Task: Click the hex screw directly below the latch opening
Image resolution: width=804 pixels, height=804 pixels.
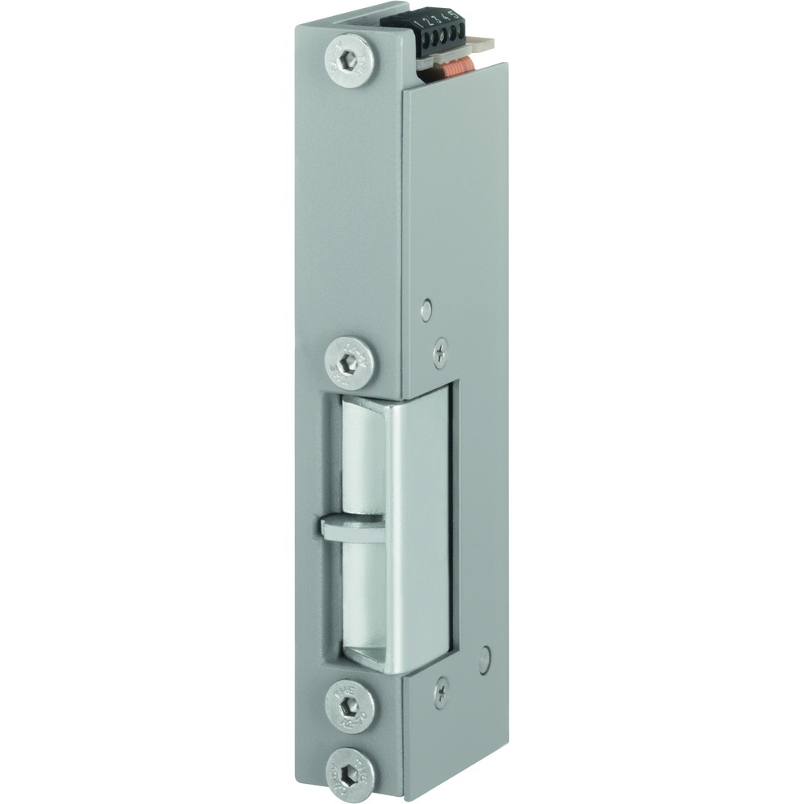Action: (x=348, y=705)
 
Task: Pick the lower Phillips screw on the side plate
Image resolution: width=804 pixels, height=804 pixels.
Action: (x=440, y=691)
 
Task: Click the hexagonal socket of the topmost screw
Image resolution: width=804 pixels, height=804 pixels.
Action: (x=348, y=60)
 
